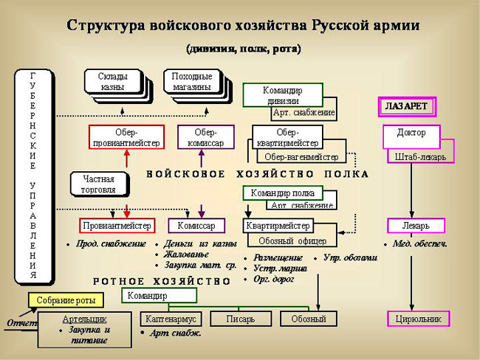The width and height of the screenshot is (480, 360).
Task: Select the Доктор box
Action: tap(411, 135)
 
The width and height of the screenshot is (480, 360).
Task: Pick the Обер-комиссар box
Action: tap(205, 136)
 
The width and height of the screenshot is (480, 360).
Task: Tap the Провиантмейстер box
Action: tap(116, 225)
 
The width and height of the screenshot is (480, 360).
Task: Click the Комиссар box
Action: tap(196, 225)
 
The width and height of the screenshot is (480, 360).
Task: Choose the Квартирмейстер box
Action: tap(277, 225)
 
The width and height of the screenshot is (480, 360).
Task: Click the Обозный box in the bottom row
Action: tap(308, 319)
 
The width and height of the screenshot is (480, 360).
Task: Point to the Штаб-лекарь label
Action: tap(420, 156)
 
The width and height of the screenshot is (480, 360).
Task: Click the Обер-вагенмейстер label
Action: tap(301, 156)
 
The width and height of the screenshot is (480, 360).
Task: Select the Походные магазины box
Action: tap(191, 81)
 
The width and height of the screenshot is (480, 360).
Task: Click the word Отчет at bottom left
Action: tap(21, 323)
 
